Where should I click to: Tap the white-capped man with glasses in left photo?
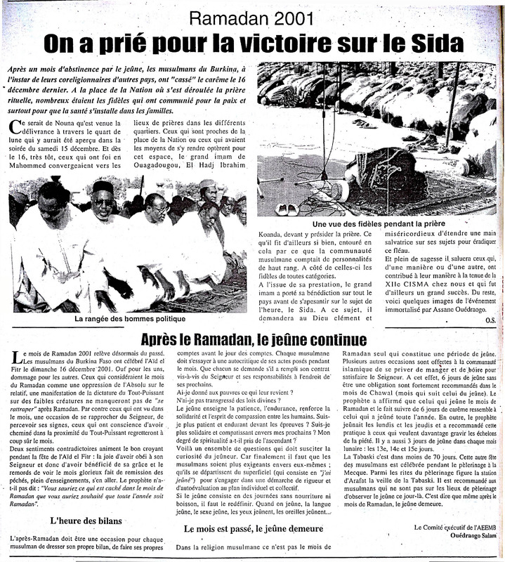(104, 204)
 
